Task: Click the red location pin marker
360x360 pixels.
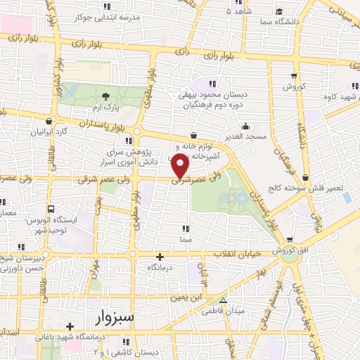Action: pyautogui.click(x=181, y=165)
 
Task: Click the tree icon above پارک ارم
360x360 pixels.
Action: pyautogui.click(x=105, y=96)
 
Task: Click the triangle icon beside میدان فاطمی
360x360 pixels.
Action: pyautogui.click(x=224, y=301)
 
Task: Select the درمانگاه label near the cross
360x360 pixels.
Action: pyautogui.click(x=160, y=269)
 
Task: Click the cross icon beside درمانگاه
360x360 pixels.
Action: pyautogui.click(x=160, y=257)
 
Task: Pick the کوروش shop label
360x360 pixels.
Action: pyautogui.click(x=292, y=86)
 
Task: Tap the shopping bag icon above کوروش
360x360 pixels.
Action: pyautogui.click(x=292, y=76)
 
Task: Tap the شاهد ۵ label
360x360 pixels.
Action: pyautogui.click(x=238, y=11)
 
